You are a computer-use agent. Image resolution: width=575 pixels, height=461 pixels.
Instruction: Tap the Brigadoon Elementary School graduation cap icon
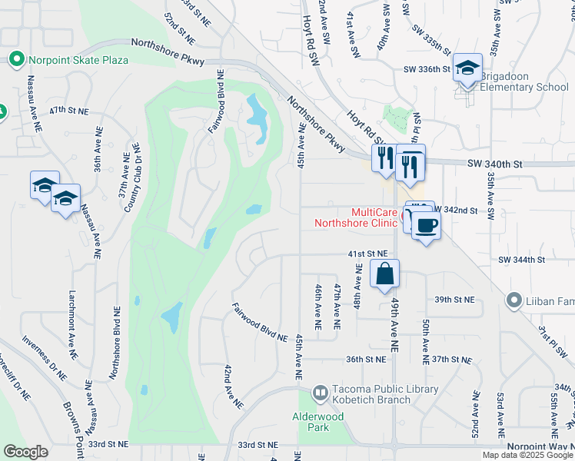point(467,68)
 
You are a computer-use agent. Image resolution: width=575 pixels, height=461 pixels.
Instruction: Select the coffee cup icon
point(427,225)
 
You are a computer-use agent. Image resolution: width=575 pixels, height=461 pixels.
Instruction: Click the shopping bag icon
point(385,274)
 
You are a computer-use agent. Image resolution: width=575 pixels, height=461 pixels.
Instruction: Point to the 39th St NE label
point(454,300)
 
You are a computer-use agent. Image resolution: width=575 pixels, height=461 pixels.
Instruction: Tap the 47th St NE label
point(68,111)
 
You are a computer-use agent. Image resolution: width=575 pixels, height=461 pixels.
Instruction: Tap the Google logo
point(25,452)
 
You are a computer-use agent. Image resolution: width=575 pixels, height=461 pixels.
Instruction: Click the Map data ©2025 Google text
point(527,455)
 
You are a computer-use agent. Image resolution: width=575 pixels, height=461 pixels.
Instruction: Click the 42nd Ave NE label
point(234,386)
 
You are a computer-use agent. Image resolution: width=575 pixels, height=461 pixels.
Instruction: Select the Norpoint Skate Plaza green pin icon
point(15,59)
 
